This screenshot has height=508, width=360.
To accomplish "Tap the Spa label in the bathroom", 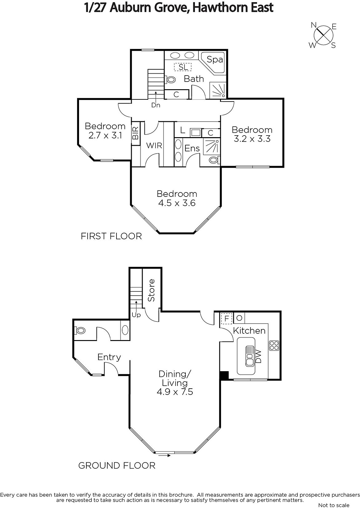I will [x=215, y=59].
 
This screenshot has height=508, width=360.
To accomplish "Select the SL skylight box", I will [x=183, y=67].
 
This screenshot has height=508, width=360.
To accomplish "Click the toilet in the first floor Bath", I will [x=171, y=79].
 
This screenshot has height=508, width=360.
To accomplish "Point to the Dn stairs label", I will [x=156, y=105].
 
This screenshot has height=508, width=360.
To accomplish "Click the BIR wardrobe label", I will [x=136, y=133].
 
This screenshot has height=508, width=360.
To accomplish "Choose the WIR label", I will [x=154, y=145].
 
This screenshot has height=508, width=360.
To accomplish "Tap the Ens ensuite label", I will [x=192, y=148].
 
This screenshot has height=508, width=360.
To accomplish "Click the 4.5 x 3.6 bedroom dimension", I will [x=177, y=203].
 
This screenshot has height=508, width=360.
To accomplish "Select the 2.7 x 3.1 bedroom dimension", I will [x=105, y=136].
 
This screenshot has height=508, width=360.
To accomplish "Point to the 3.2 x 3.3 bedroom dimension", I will [x=252, y=139].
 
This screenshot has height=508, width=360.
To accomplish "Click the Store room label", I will [x=151, y=290].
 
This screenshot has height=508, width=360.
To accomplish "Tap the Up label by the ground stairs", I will [x=136, y=315].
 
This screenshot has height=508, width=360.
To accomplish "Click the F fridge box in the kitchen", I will [x=226, y=318].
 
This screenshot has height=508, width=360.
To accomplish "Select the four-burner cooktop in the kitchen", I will [x=274, y=345].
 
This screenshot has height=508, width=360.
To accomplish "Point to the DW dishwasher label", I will [x=258, y=356].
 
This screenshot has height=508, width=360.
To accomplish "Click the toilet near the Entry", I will [x=80, y=331].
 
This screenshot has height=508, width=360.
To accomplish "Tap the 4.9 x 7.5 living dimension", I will [x=175, y=392].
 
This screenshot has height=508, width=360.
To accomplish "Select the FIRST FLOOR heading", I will [x=111, y=236].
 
